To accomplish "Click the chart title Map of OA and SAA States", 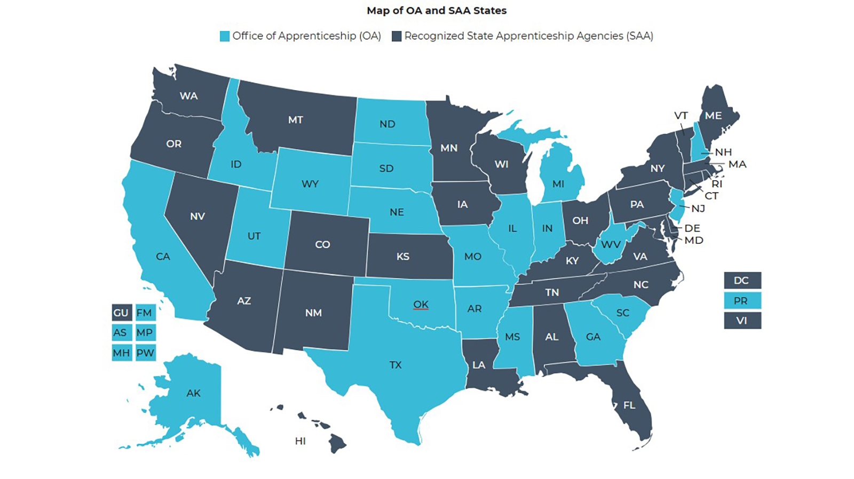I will point(436,11).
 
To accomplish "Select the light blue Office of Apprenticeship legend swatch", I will point(225,36).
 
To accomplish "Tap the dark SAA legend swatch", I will point(397,36).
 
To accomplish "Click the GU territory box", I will point(121,313).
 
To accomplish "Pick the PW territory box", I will point(145,353).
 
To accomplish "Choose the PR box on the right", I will point(741,301).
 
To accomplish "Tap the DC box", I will point(741,281).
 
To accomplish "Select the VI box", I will point(741,321).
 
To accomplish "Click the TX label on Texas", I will point(395,365).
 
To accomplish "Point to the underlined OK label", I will point(421,304).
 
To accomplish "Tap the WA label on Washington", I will point(188,96).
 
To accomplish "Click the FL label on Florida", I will point(629,405).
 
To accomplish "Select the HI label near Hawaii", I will point(301,441).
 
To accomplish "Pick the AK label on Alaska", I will point(193,393).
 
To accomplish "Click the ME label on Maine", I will point(713,116).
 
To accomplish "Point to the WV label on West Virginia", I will point(611,245).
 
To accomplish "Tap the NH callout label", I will point(723,153).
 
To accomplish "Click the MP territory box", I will point(145,332).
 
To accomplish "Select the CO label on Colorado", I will point(322,245).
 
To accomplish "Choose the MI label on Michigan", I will point(558,184).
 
